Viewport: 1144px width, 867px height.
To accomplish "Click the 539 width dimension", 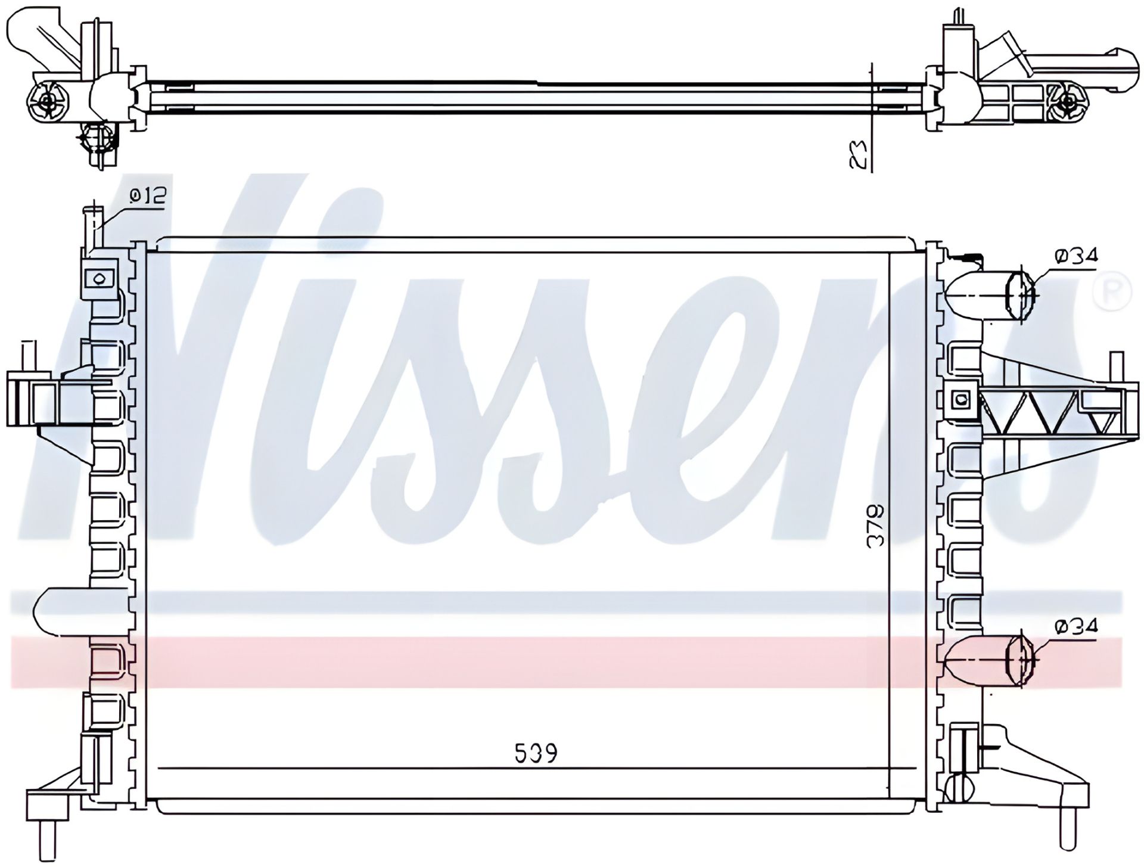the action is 536,753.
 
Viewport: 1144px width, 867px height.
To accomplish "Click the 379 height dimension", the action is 875,526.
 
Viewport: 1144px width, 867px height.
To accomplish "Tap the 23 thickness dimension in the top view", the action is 857,154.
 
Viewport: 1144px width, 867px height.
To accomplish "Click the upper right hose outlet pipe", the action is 989,295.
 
